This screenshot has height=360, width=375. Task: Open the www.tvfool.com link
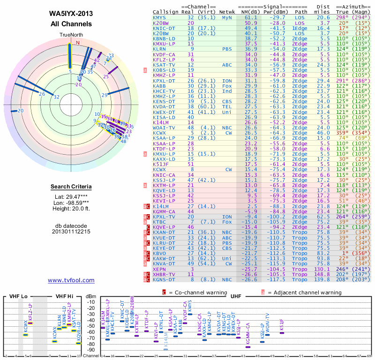click(71, 280)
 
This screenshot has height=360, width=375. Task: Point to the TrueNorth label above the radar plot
click(70, 35)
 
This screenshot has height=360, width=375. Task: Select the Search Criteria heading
click(71, 187)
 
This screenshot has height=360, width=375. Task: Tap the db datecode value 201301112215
click(71, 232)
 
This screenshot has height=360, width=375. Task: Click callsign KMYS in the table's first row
click(159, 17)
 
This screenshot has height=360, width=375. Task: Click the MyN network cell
click(227, 17)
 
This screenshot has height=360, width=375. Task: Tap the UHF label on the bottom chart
click(236, 297)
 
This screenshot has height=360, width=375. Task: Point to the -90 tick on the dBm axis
click(91, 350)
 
